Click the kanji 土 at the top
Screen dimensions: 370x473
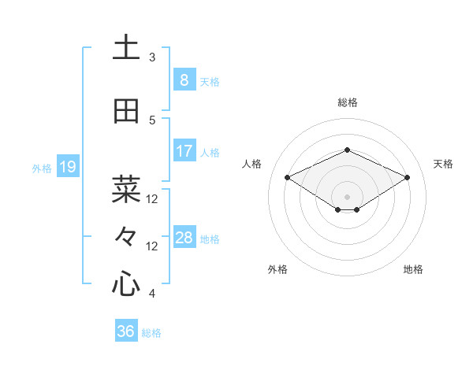click(126, 48)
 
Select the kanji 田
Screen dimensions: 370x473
click(126, 111)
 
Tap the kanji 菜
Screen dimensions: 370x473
click(126, 189)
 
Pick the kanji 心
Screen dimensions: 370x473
click(126, 284)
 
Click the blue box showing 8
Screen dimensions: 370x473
click(184, 80)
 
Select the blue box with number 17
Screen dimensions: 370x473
click(184, 151)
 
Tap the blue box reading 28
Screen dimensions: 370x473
click(184, 238)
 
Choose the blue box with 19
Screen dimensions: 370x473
click(68, 167)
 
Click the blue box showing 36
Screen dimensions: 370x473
click(126, 331)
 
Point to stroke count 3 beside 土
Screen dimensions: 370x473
click(152, 57)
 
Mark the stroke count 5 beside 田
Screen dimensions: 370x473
click(152, 120)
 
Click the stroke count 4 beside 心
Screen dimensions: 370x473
click(152, 294)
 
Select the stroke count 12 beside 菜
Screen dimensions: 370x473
click(152, 199)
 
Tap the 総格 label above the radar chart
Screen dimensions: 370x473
click(347, 102)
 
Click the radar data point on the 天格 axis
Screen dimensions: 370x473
click(408, 178)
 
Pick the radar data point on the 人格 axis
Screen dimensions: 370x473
click(287, 178)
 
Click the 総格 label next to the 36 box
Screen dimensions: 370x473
click(151, 333)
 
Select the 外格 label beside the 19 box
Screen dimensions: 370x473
click(41, 168)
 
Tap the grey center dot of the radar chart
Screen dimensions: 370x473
click(347, 195)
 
